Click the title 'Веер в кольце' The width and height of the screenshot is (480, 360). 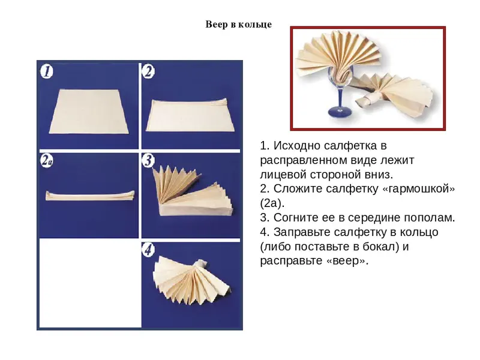pyautogui.click(x=238, y=25)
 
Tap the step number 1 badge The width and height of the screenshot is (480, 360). pyautogui.click(x=47, y=71)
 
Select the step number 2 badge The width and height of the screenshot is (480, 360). pyautogui.click(x=148, y=71)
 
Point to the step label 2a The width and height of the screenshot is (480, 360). pyautogui.click(x=47, y=161)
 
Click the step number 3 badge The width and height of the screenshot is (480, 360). pyautogui.click(x=148, y=161)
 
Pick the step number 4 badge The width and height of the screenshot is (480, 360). pyautogui.click(x=148, y=250)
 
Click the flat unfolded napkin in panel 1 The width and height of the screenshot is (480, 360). pyautogui.click(x=89, y=112)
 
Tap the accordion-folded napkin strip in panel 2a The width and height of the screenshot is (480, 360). pyautogui.click(x=90, y=196)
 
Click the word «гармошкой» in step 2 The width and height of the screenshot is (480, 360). pyautogui.click(x=418, y=189)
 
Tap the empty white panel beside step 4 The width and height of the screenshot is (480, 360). pyautogui.click(x=91, y=283)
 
